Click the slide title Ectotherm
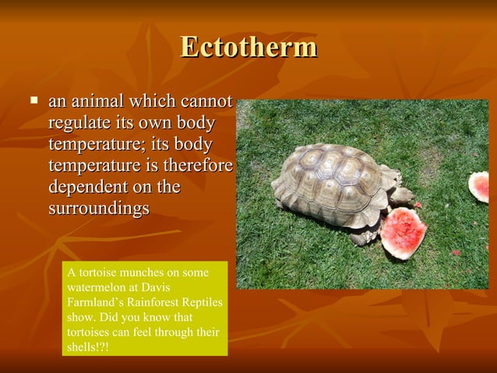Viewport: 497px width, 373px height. coord(248,47)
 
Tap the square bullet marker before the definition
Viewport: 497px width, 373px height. coord(33,101)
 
